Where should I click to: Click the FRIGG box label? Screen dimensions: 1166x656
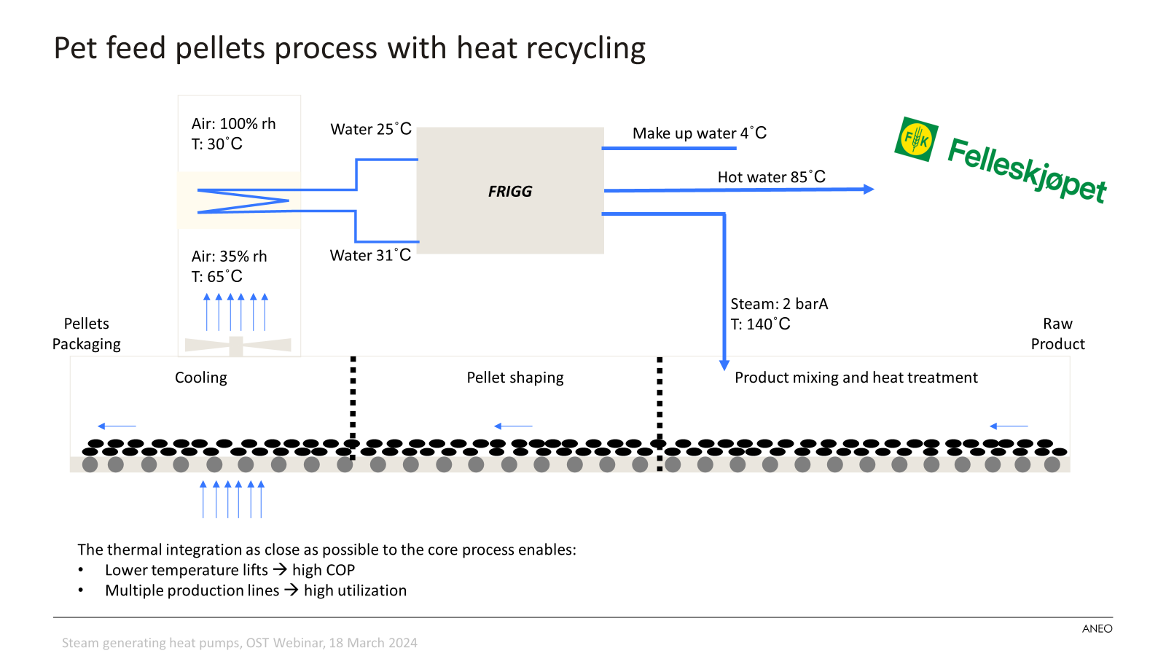510,192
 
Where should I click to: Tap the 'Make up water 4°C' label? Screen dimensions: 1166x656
699,133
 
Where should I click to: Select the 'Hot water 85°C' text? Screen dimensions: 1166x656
772,176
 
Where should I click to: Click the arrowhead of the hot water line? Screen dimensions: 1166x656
869,189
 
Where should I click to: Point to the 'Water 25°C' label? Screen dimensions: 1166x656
371,128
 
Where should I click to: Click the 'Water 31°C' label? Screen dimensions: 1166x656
370,255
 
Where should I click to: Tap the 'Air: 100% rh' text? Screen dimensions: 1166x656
233,124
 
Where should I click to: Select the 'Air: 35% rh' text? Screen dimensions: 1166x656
229,256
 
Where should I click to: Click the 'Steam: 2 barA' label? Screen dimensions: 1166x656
779,303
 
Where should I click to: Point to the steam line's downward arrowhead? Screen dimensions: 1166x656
724,365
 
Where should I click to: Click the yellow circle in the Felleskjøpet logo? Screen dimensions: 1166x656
916,138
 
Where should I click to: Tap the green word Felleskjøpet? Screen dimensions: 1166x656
1027,171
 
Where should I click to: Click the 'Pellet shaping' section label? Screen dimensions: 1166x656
514,378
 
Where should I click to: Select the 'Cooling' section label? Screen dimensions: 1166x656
201,378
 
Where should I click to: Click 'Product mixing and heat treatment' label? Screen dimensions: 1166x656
856,378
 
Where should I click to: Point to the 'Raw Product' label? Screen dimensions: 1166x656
1057,334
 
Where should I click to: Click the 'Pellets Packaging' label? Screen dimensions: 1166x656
87,334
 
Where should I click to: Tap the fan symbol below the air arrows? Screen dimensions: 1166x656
238,345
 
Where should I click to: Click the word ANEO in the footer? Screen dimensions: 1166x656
1097,629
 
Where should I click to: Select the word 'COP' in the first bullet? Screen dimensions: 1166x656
340,570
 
